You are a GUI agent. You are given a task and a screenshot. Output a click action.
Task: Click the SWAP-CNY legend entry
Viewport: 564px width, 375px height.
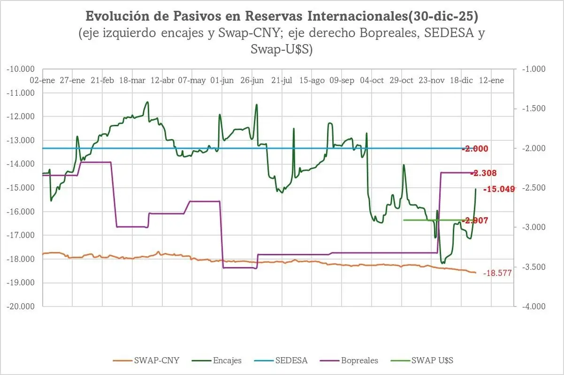[x=146, y=360]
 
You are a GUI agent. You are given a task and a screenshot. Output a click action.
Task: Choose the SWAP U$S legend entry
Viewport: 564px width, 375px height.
[x=425, y=360]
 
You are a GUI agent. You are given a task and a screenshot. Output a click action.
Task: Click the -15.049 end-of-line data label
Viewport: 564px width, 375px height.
[x=499, y=189]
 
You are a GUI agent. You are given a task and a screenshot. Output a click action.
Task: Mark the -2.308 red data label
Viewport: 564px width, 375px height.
[x=483, y=173]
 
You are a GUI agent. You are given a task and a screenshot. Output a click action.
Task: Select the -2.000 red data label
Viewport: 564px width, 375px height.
[x=475, y=149]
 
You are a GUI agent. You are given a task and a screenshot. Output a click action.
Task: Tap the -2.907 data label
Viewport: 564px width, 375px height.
[x=475, y=220]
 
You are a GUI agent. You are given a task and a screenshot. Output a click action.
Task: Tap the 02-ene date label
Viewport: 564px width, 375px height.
[x=42, y=80]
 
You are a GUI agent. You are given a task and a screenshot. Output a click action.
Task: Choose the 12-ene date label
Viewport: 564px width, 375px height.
[x=491, y=80]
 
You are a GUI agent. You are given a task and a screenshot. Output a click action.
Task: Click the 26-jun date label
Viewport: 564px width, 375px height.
[x=252, y=80]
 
